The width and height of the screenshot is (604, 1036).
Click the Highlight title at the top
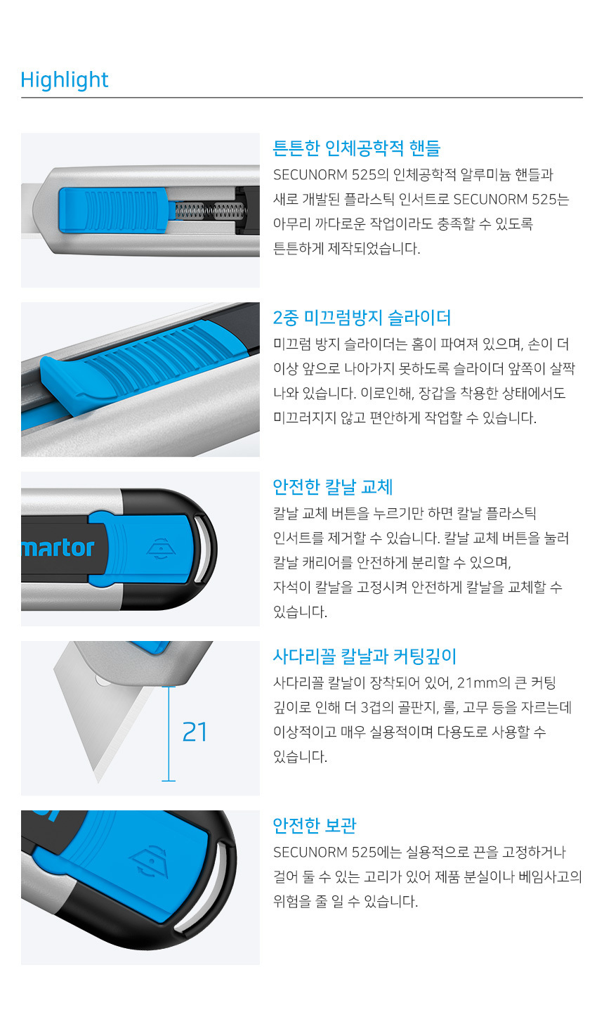pyautogui.click(x=64, y=80)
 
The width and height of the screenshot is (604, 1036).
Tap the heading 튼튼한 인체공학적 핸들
pyautogui.click(x=356, y=148)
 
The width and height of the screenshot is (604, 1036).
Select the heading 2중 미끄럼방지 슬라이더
pyautogui.click(x=362, y=318)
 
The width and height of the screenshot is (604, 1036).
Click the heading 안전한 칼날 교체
pyautogui.click(x=333, y=487)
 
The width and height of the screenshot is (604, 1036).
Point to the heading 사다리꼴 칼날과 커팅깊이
pyautogui.click(x=365, y=656)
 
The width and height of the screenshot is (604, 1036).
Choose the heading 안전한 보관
pyautogui.click(x=315, y=826)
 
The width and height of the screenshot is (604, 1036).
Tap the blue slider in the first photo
pyautogui.click(x=113, y=209)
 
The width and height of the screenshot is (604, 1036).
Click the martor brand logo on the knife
pyautogui.click(x=58, y=548)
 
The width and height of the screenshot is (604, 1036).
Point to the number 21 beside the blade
pyautogui.click(x=195, y=732)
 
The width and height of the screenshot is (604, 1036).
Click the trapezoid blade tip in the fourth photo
pyautogui.click(x=98, y=781)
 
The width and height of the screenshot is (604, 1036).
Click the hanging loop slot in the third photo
pyautogui.click(x=202, y=549)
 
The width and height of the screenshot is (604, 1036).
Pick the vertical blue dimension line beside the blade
pyautogui.click(x=169, y=734)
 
